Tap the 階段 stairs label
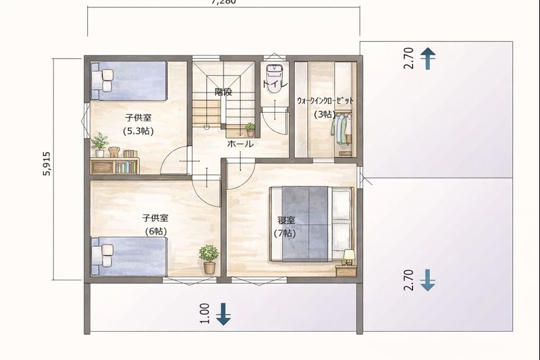click(x=223, y=92)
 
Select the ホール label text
click(x=240, y=144)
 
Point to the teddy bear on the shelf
click(x=114, y=152)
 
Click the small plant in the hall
click(x=250, y=128)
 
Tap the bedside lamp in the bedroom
click(x=348, y=257)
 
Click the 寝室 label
click(x=286, y=220)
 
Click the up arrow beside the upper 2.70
click(x=427, y=59)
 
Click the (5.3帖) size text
click(x=138, y=131)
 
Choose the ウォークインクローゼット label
click(x=325, y=101)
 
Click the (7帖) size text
click(x=286, y=234)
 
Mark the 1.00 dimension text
click(x=206, y=313)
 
